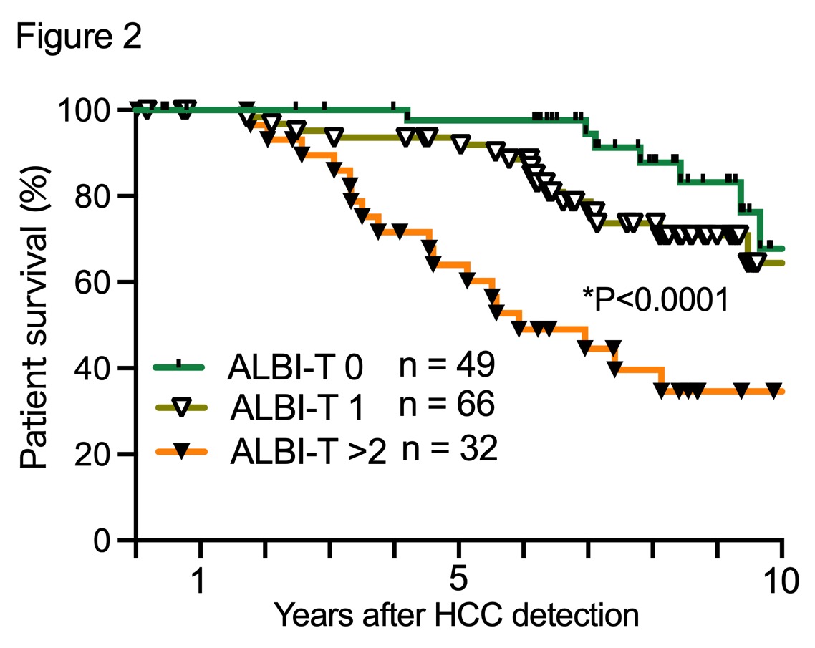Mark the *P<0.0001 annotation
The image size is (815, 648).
coord(655,299)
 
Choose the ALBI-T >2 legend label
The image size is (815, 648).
coord(308,453)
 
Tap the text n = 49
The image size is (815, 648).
coord(446,365)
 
